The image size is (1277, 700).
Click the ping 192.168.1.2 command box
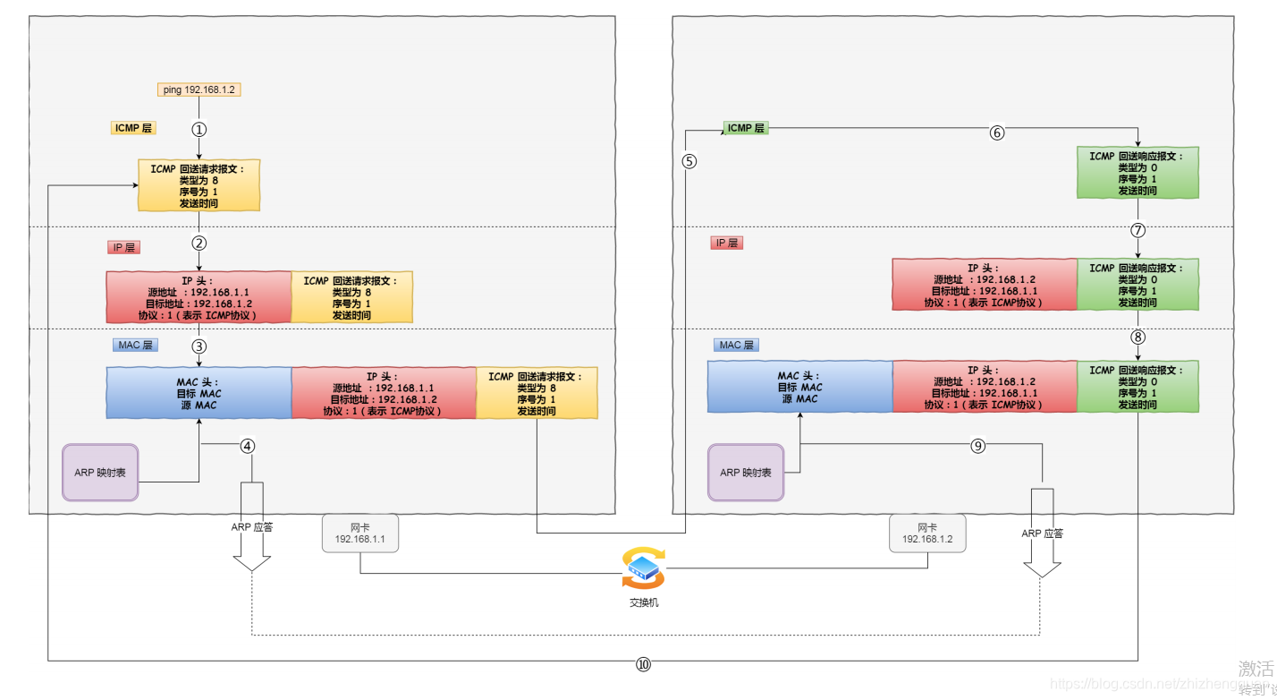199,90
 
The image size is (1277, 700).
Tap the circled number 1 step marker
199,129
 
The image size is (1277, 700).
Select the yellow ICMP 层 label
133,128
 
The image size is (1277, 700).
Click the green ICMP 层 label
746,128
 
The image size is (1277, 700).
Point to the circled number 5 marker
689,161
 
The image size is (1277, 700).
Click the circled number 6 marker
997,132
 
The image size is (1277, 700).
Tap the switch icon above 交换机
643,568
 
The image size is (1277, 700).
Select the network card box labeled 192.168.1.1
359,533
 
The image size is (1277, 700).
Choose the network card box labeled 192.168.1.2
927,533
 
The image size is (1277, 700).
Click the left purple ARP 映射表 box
100,472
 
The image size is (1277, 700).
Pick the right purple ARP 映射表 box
746,473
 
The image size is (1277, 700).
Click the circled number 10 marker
644,664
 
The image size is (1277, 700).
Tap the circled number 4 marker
248,446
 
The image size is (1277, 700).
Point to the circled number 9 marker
978,446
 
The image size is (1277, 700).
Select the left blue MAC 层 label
135,345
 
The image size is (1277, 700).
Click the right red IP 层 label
727,243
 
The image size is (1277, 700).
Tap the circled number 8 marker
1137,337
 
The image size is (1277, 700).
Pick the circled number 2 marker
199,243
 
